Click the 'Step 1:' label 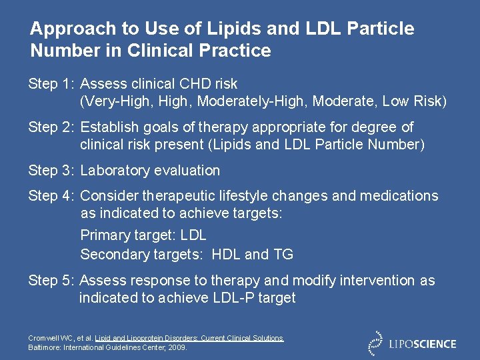click(x=51, y=84)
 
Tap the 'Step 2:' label click(x=51, y=127)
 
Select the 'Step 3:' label click(x=51, y=171)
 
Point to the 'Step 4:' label click(x=51, y=196)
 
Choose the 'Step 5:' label click(x=51, y=281)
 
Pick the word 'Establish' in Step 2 click(x=109, y=127)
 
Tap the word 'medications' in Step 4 click(x=399, y=196)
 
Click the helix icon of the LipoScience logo click(x=375, y=343)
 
